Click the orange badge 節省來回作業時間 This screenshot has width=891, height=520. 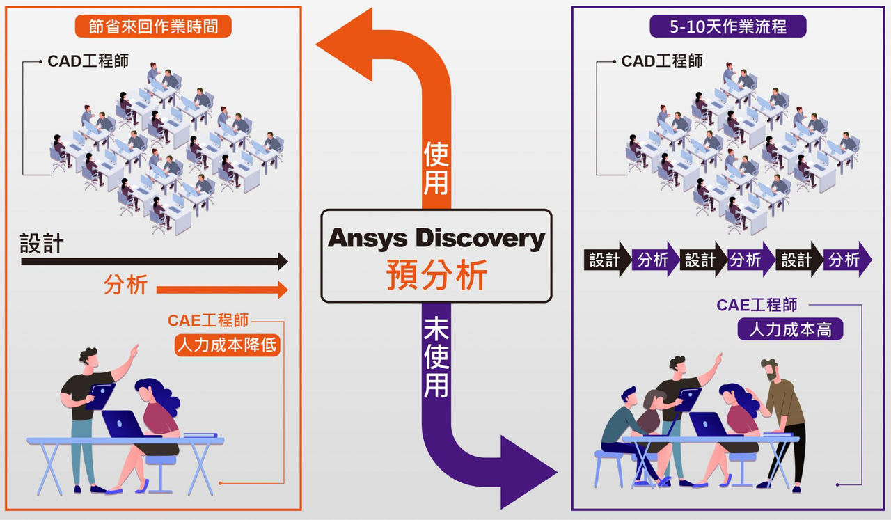(x=153, y=26)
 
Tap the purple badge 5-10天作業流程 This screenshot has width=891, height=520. (x=728, y=26)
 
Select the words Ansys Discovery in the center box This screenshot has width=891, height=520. (x=436, y=238)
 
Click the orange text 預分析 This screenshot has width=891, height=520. (x=436, y=274)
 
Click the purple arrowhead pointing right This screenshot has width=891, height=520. (x=529, y=472)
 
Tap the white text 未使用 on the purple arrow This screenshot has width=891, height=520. (x=436, y=357)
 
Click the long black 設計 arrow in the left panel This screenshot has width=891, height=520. (x=155, y=262)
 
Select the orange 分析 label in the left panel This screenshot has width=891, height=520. (x=126, y=284)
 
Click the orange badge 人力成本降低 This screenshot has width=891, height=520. (x=228, y=345)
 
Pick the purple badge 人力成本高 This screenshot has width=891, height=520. (x=790, y=329)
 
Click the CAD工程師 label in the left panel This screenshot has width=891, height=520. (x=88, y=61)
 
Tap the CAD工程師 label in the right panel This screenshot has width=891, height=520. (x=662, y=61)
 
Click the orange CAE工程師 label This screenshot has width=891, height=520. (x=208, y=320)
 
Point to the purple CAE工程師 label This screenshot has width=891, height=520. (x=757, y=305)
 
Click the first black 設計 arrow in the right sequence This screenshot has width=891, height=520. (x=608, y=260)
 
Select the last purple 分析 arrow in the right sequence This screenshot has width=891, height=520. (x=848, y=260)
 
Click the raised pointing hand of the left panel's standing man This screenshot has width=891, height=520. (x=134, y=351)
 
